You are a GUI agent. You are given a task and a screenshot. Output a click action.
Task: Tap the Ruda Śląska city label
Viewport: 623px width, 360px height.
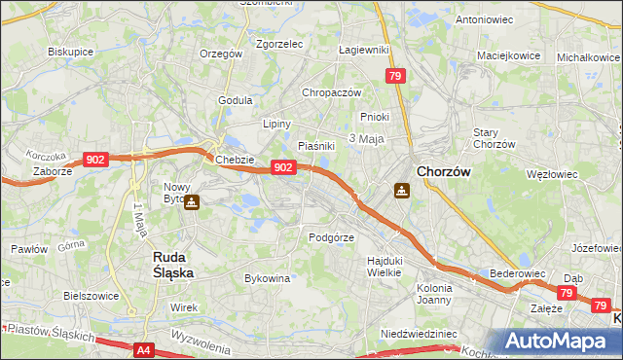pyautogui.click(x=173, y=265)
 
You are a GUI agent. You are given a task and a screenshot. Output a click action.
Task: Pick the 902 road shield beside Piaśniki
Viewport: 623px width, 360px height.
pyautogui.click(x=282, y=167)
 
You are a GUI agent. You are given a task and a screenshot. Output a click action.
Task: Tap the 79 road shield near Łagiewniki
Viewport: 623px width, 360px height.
pyautogui.click(x=395, y=76)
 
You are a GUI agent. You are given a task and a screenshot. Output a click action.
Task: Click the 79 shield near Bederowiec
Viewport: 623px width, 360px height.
pyautogui.click(x=567, y=292)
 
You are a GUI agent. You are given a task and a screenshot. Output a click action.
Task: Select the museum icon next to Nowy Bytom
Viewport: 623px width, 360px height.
pyautogui.click(x=192, y=202)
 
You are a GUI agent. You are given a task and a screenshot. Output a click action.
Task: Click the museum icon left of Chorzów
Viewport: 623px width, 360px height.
pyautogui.click(x=401, y=191)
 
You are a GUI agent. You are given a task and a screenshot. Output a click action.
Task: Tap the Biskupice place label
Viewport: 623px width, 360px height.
pyautogui.click(x=70, y=51)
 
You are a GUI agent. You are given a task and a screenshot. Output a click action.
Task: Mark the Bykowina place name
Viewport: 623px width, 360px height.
pyautogui.click(x=268, y=278)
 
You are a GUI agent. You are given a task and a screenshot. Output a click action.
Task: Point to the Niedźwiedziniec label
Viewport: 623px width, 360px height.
pyautogui.click(x=419, y=333)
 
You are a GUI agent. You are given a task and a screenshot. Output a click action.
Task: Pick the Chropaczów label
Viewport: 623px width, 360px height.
pyautogui.click(x=332, y=92)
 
